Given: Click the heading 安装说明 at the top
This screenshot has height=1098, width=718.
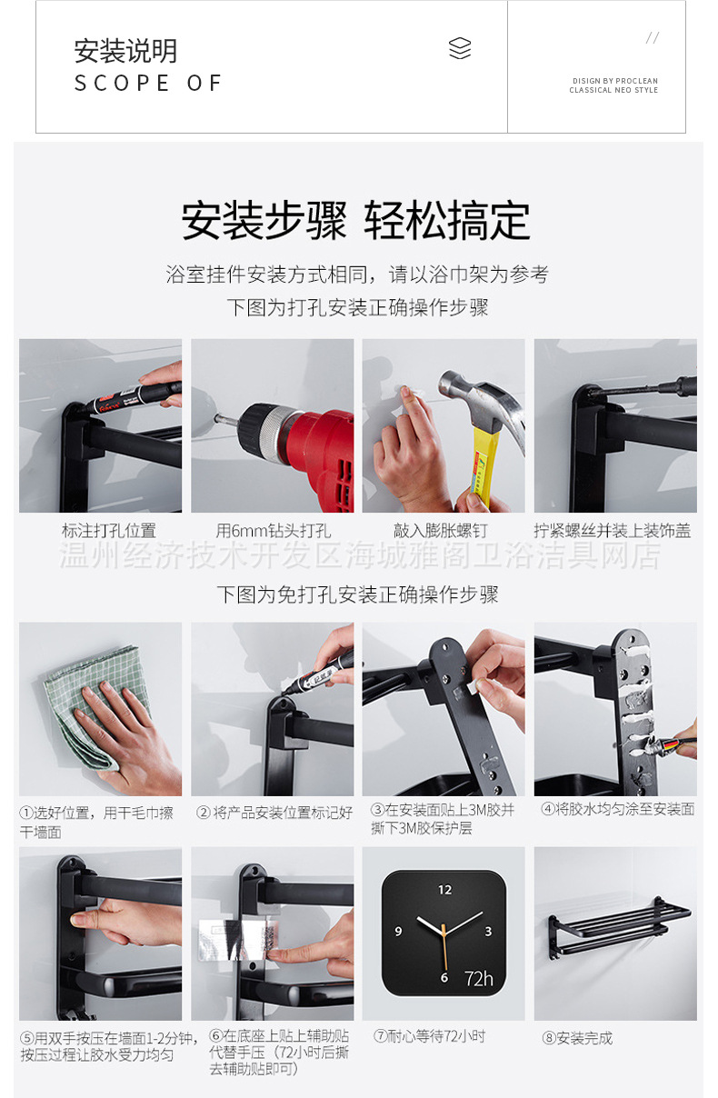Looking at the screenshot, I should pos(125,51).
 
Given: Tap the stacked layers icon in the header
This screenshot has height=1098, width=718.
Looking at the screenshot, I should pos(460,49).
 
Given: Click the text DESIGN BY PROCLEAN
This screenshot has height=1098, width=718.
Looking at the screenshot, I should pos(614,81).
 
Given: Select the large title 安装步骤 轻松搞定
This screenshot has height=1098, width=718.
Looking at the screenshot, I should pos(356,221).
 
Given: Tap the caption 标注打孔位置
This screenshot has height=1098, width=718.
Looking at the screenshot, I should pos(108,531).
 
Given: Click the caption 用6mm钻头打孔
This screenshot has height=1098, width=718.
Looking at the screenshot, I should pos(274,531).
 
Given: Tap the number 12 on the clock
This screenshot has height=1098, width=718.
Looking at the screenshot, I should pos(444,890).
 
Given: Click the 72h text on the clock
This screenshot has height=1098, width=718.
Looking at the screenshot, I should pos(479,978).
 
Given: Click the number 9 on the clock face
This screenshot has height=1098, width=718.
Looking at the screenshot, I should pos(398,932).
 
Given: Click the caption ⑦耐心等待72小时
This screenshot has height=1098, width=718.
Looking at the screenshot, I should pos(430,1036).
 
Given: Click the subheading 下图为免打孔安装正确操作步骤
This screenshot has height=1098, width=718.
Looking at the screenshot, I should pos(357,595).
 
